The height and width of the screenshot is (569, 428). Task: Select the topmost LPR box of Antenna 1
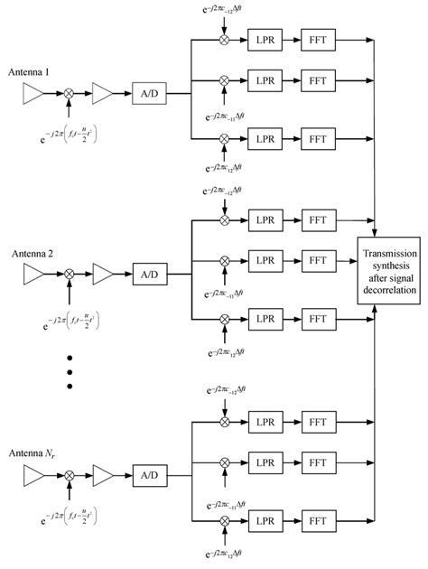tap(265, 42)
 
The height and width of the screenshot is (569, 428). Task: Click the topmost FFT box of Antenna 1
tap(316, 42)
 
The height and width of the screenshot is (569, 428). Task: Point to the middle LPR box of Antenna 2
tap(265, 260)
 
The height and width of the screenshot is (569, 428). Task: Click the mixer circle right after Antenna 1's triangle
tap(70, 92)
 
